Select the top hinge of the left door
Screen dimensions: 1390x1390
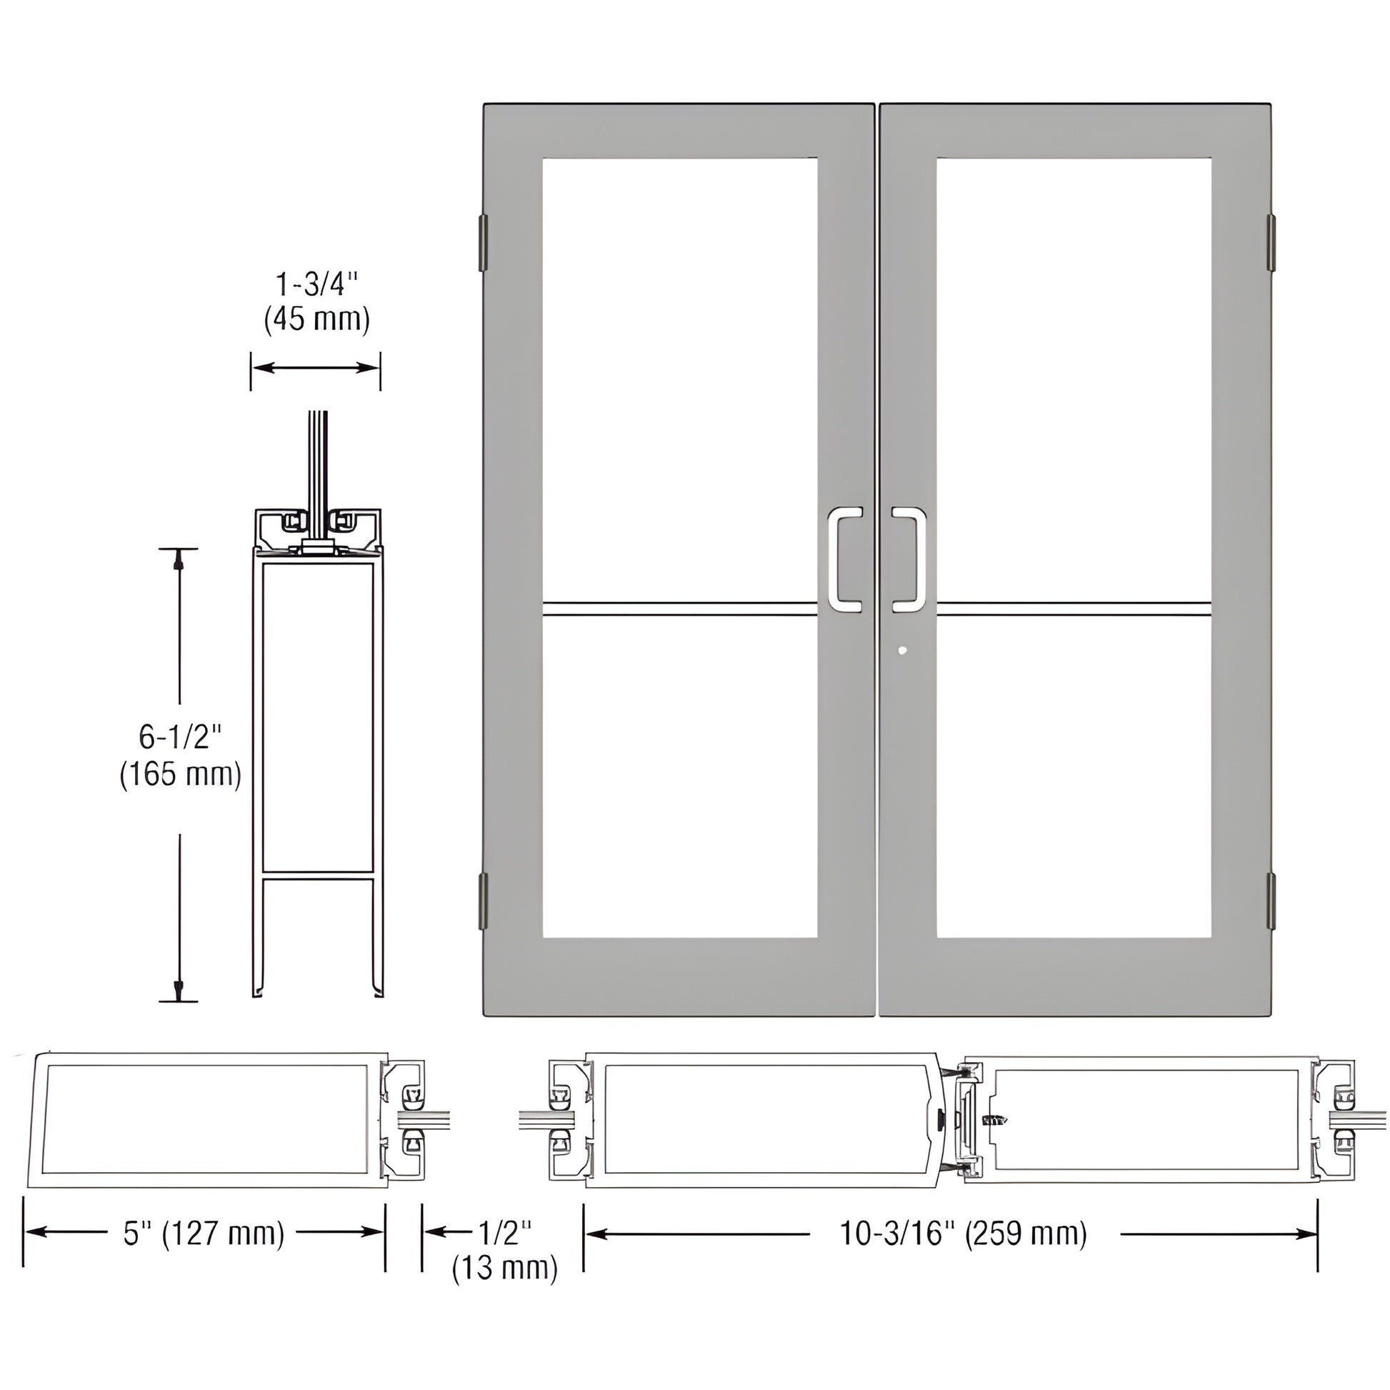[x=483, y=242]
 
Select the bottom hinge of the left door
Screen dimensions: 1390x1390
[x=483, y=900]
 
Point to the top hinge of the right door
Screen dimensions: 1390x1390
[x=1271, y=242]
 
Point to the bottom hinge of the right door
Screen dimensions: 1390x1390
[x=1271, y=900]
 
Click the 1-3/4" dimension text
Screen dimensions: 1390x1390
[x=316, y=285]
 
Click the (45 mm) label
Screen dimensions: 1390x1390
[x=316, y=320]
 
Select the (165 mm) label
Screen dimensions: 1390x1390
[x=180, y=774]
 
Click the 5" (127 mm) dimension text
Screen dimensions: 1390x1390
[x=204, y=1233]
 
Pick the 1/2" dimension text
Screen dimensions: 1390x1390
[x=505, y=1233]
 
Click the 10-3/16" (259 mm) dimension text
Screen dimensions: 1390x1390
[x=964, y=1233]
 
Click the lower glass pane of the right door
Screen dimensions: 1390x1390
[x=1074, y=777]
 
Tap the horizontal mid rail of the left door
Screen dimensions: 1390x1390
[x=680, y=609]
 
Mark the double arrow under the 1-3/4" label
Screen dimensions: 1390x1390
[x=315, y=368]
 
